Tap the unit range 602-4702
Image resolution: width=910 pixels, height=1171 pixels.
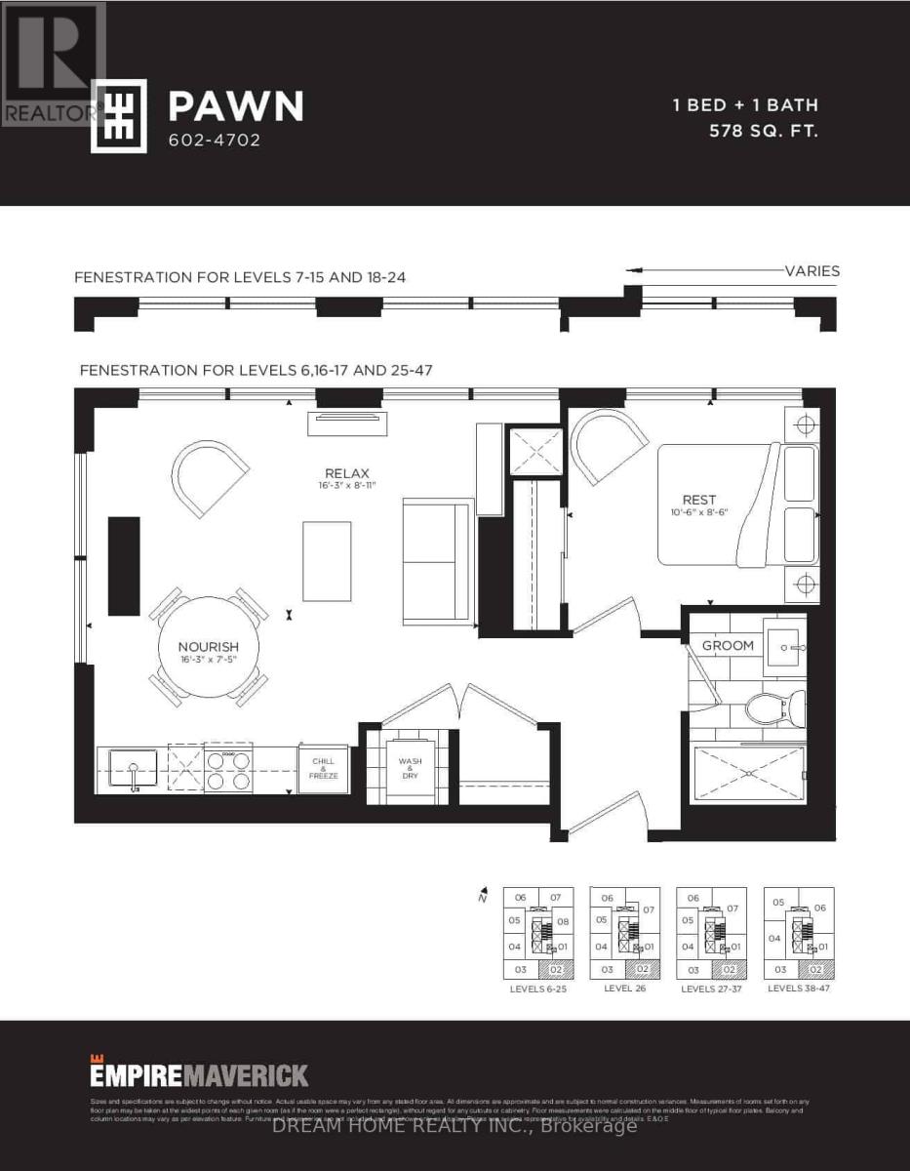215,140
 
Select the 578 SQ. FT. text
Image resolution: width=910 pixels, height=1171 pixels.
763,130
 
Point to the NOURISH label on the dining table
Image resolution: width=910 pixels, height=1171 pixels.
208,646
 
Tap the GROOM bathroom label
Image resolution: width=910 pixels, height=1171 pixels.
728,645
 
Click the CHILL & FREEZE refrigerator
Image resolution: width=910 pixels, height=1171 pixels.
323,767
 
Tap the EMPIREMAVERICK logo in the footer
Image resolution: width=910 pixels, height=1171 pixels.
199,1075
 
